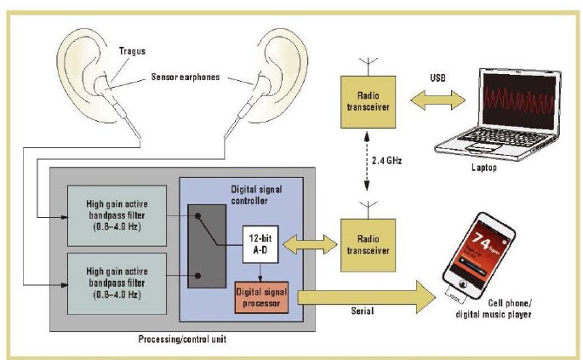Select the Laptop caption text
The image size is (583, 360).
tap(501, 169)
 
